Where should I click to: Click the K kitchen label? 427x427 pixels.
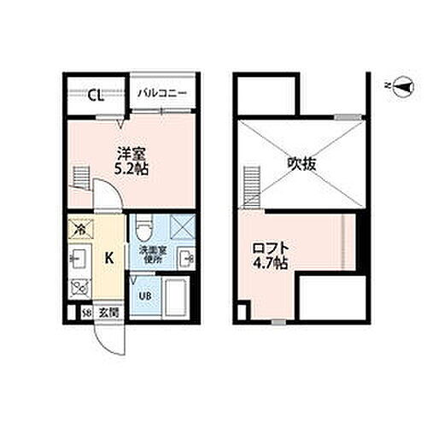click(109, 256)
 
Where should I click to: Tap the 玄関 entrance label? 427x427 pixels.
click(107, 313)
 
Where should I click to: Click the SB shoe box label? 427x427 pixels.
click(86, 313)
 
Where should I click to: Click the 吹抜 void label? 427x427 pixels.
click(301, 162)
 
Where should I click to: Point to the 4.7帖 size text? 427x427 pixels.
click(268, 264)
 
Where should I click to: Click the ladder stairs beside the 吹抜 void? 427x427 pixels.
click(251, 185)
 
